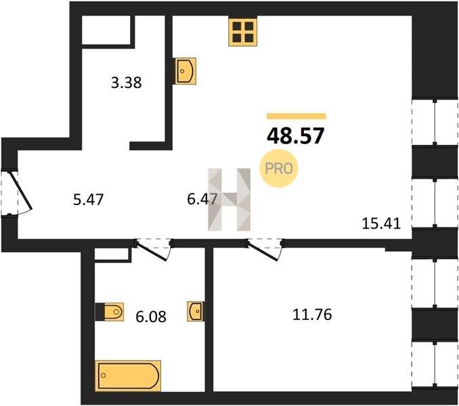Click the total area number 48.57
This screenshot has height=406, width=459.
tap(296, 136)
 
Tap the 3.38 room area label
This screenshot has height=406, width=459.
tap(126, 83)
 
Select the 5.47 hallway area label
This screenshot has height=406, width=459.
tap(89, 200)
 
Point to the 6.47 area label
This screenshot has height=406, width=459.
tap(202, 200)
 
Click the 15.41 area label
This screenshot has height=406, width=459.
tap(381, 224)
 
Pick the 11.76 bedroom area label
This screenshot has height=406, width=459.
tap(312, 315)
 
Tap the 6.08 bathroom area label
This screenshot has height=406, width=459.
tap(151, 317)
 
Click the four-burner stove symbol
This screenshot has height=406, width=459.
tap(242, 32)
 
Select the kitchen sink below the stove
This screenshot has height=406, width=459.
tap(185, 71)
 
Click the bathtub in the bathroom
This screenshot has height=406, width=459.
tap(128, 376)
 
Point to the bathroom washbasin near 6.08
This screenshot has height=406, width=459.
tap(196, 311)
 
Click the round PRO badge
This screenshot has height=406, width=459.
tap(279, 168)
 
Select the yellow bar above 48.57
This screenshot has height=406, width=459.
tap(297, 116)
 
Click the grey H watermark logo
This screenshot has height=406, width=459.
tap(230, 200)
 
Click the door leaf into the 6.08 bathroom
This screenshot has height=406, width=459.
tap(152, 251)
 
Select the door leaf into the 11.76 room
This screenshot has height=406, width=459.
tap(263, 250)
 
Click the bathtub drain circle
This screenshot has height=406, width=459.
tap(103, 376)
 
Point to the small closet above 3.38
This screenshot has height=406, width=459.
tap(106, 30)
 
